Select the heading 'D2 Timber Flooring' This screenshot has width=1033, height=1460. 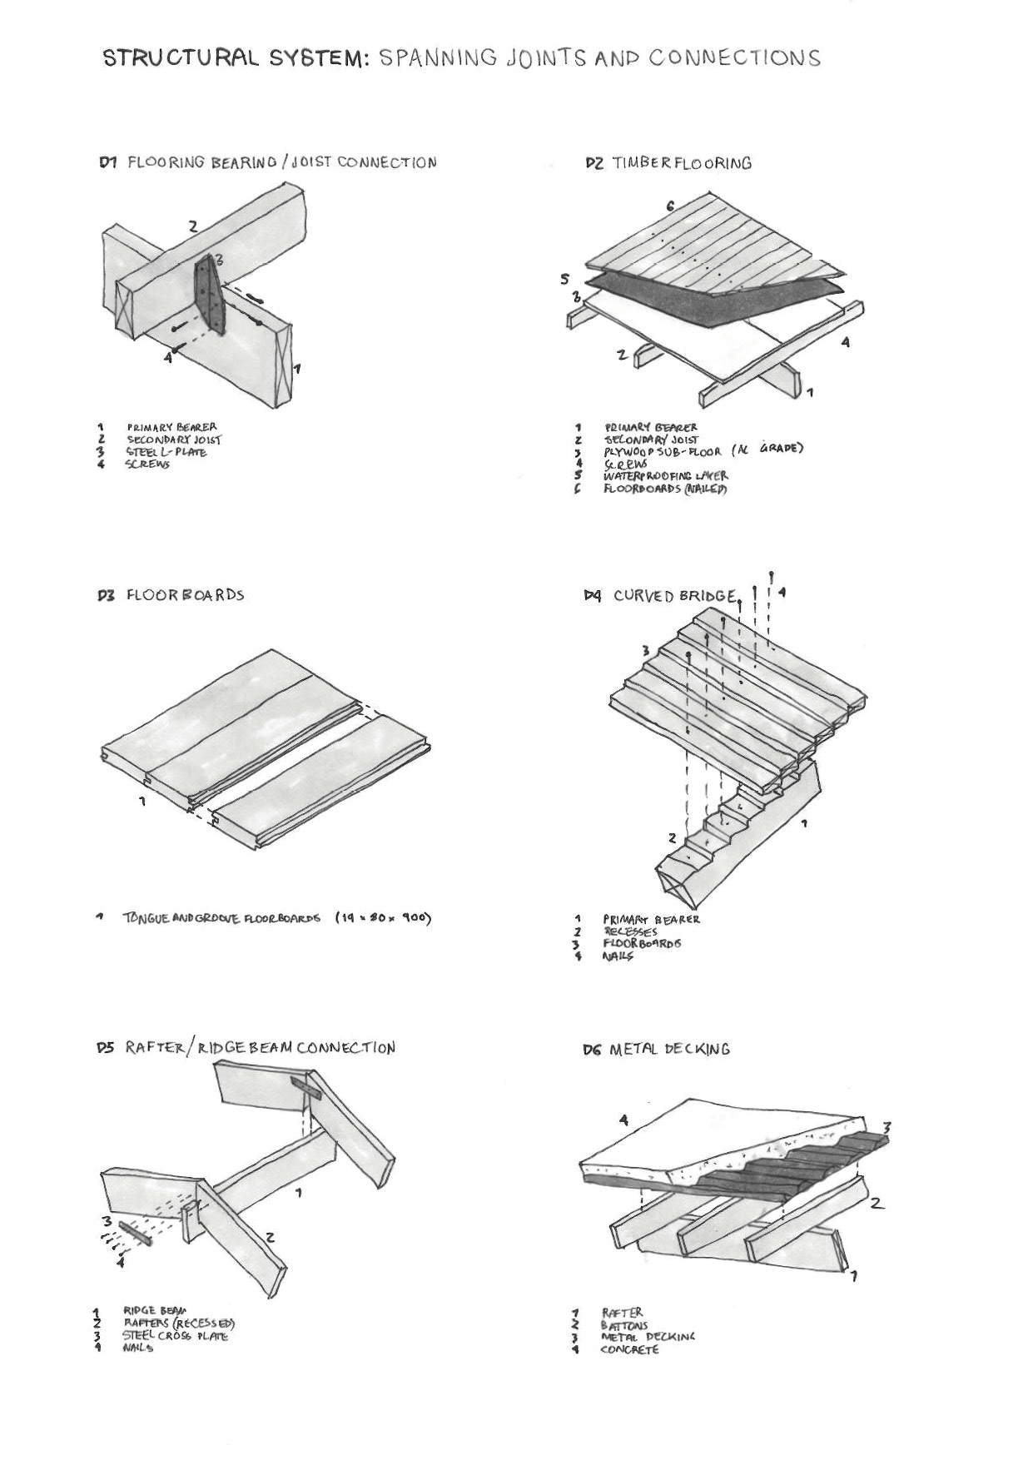[668, 163]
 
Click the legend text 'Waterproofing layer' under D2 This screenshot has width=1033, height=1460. [665, 475]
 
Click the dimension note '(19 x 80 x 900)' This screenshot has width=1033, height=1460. [383, 918]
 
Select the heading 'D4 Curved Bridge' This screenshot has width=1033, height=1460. [660, 596]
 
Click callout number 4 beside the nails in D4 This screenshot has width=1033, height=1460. [782, 592]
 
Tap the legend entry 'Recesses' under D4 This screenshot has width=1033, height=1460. [630, 931]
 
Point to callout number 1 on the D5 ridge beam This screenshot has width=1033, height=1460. [299, 1193]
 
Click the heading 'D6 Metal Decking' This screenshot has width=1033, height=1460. [656, 1050]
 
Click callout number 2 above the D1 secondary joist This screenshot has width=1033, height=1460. [192, 226]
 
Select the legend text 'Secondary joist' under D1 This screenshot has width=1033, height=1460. [174, 439]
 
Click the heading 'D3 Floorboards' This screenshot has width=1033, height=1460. [171, 595]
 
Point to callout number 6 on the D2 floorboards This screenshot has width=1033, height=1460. [670, 206]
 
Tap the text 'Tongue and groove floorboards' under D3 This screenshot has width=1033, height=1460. [221, 918]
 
